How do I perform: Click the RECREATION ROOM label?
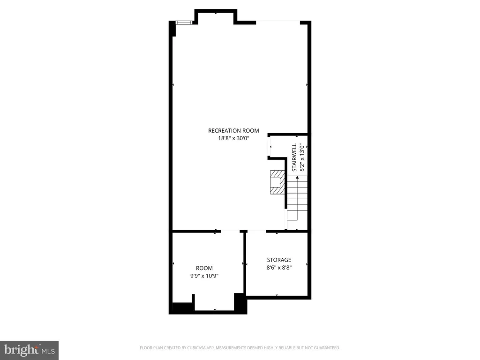[x=233, y=131]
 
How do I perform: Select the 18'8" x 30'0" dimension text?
[x=233, y=138]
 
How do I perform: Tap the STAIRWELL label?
[x=294, y=157]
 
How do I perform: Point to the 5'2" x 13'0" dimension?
[x=302, y=157]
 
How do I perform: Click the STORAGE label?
[x=279, y=260]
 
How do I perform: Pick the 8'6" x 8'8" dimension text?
[x=279, y=268]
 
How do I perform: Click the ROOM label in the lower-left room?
[x=204, y=268]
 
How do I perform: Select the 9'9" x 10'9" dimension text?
[x=204, y=276]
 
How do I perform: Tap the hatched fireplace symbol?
[x=277, y=182]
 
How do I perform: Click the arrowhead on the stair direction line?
[x=297, y=178]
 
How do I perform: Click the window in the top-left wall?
[x=184, y=22]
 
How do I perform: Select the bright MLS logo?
[x=29, y=350]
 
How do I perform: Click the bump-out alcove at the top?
[x=216, y=17]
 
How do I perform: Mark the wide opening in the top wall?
[x=277, y=22]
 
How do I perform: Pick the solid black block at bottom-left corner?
[x=182, y=307]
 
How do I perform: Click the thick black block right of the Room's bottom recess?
[x=240, y=303]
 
